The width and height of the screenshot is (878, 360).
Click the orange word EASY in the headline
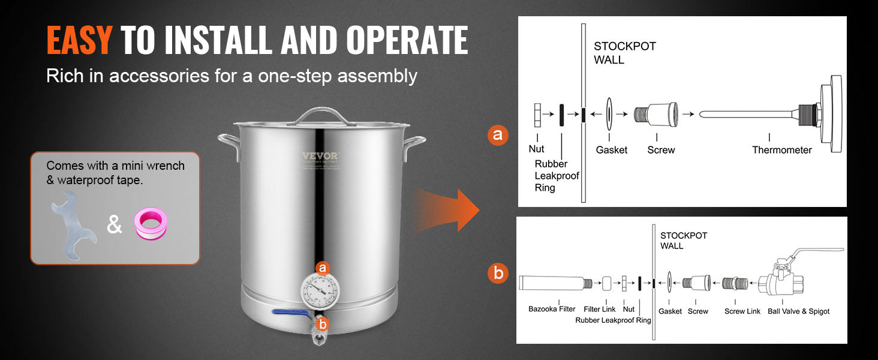click(x=79, y=41)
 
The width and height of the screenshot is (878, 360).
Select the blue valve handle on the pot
click(x=291, y=311)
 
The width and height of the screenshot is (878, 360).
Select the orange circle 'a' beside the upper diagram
click(x=497, y=135)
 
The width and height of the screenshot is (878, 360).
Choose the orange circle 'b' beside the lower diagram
click(x=498, y=274)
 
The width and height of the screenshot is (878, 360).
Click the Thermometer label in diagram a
click(x=782, y=150)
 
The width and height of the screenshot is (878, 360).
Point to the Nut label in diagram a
click(x=537, y=149)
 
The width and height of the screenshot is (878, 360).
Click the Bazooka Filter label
click(x=552, y=310)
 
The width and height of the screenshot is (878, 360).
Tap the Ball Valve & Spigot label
click(x=798, y=311)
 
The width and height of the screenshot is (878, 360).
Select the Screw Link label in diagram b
click(x=742, y=311)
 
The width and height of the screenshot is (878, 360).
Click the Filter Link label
click(x=600, y=310)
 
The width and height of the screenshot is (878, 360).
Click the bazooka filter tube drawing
click(x=552, y=282)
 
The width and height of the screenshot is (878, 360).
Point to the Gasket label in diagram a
click(x=612, y=150)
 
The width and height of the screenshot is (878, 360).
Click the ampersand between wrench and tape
click(x=114, y=224)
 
